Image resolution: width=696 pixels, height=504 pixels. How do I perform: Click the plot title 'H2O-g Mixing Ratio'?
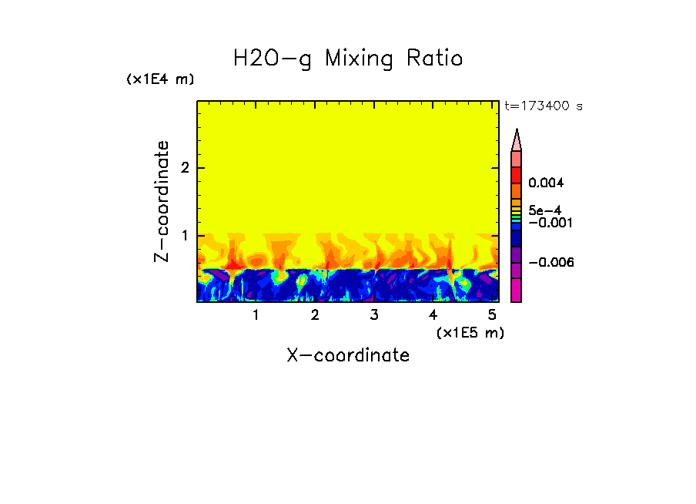[348, 59]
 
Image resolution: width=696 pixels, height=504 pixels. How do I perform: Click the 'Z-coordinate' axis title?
[162, 201]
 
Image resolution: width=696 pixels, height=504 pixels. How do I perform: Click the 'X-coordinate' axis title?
[348, 355]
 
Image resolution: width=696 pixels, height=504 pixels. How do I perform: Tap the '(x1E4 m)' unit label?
[160, 79]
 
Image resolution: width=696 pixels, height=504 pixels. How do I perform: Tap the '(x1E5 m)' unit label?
[470, 332]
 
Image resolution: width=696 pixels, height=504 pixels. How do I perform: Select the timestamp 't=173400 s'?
[544, 106]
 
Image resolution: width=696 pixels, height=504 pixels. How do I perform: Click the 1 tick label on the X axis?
[256, 315]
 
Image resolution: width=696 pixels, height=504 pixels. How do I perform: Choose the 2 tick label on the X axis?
[315, 315]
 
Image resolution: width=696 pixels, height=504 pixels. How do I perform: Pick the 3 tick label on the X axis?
[374, 315]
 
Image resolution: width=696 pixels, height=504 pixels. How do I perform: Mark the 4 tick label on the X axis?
[433, 315]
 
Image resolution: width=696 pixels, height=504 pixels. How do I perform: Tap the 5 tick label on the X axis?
[492, 315]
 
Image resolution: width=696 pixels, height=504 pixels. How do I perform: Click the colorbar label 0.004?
[547, 183]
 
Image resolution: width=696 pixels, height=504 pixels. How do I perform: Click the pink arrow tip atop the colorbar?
[517, 140]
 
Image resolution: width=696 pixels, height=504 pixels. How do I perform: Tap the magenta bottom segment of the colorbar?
[517, 291]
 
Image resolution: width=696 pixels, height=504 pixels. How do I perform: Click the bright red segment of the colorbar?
[517, 174]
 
